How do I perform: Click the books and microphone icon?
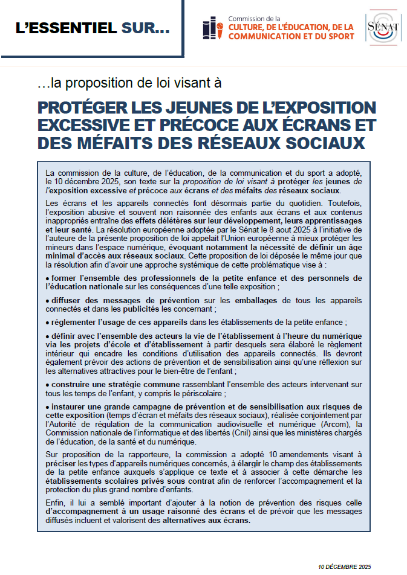(213, 29)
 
